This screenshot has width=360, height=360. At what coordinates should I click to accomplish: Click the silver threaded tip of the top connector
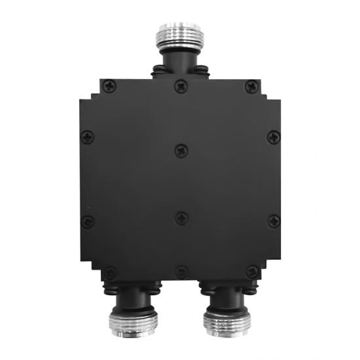[x=180, y=34]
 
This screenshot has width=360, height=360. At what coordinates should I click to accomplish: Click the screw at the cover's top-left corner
[x=108, y=84]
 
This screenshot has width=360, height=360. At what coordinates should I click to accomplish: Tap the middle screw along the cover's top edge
[x=180, y=85]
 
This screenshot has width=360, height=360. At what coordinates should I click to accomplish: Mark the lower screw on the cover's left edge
[x=89, y=221]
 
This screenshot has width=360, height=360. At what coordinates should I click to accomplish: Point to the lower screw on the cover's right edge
[x=272, y=221]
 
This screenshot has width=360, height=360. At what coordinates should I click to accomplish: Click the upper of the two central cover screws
[x=180, y=151]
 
